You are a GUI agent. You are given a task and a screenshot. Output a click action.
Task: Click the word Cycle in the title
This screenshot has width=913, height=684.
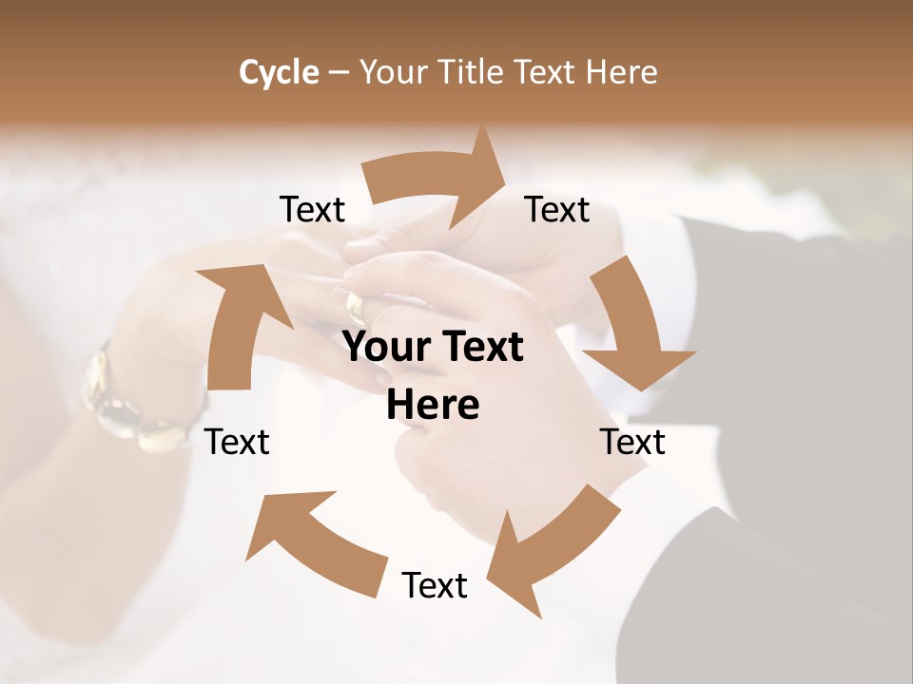click(x=279, y=72)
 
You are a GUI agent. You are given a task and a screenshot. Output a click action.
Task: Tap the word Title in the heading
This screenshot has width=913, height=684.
click(x=473, y=72)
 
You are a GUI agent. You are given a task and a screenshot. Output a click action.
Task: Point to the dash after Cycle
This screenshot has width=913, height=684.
click(x=339, y=73)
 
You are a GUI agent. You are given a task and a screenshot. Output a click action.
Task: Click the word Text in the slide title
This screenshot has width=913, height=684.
click(x=549, y=72)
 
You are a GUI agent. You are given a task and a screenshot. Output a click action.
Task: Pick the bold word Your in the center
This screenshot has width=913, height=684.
click(x=383, y=348)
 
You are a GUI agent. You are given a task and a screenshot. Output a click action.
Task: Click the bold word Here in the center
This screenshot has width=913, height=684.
click(x=433, y=406)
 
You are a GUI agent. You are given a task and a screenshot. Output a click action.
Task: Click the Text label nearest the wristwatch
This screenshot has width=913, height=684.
click(x=238, y=442)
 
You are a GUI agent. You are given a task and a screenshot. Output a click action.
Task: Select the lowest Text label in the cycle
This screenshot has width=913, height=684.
click(x=435, y=585)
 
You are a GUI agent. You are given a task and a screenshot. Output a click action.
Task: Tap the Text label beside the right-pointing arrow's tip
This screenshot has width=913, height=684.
click(x=557, y=210)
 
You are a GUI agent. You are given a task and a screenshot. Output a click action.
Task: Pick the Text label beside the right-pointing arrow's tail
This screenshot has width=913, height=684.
click(x=312, y=210)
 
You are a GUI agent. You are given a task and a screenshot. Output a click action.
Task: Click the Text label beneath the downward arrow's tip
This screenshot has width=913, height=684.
click(x=632, y=442)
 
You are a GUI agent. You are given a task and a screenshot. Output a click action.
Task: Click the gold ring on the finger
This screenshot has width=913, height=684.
click(x=355, y=307)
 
